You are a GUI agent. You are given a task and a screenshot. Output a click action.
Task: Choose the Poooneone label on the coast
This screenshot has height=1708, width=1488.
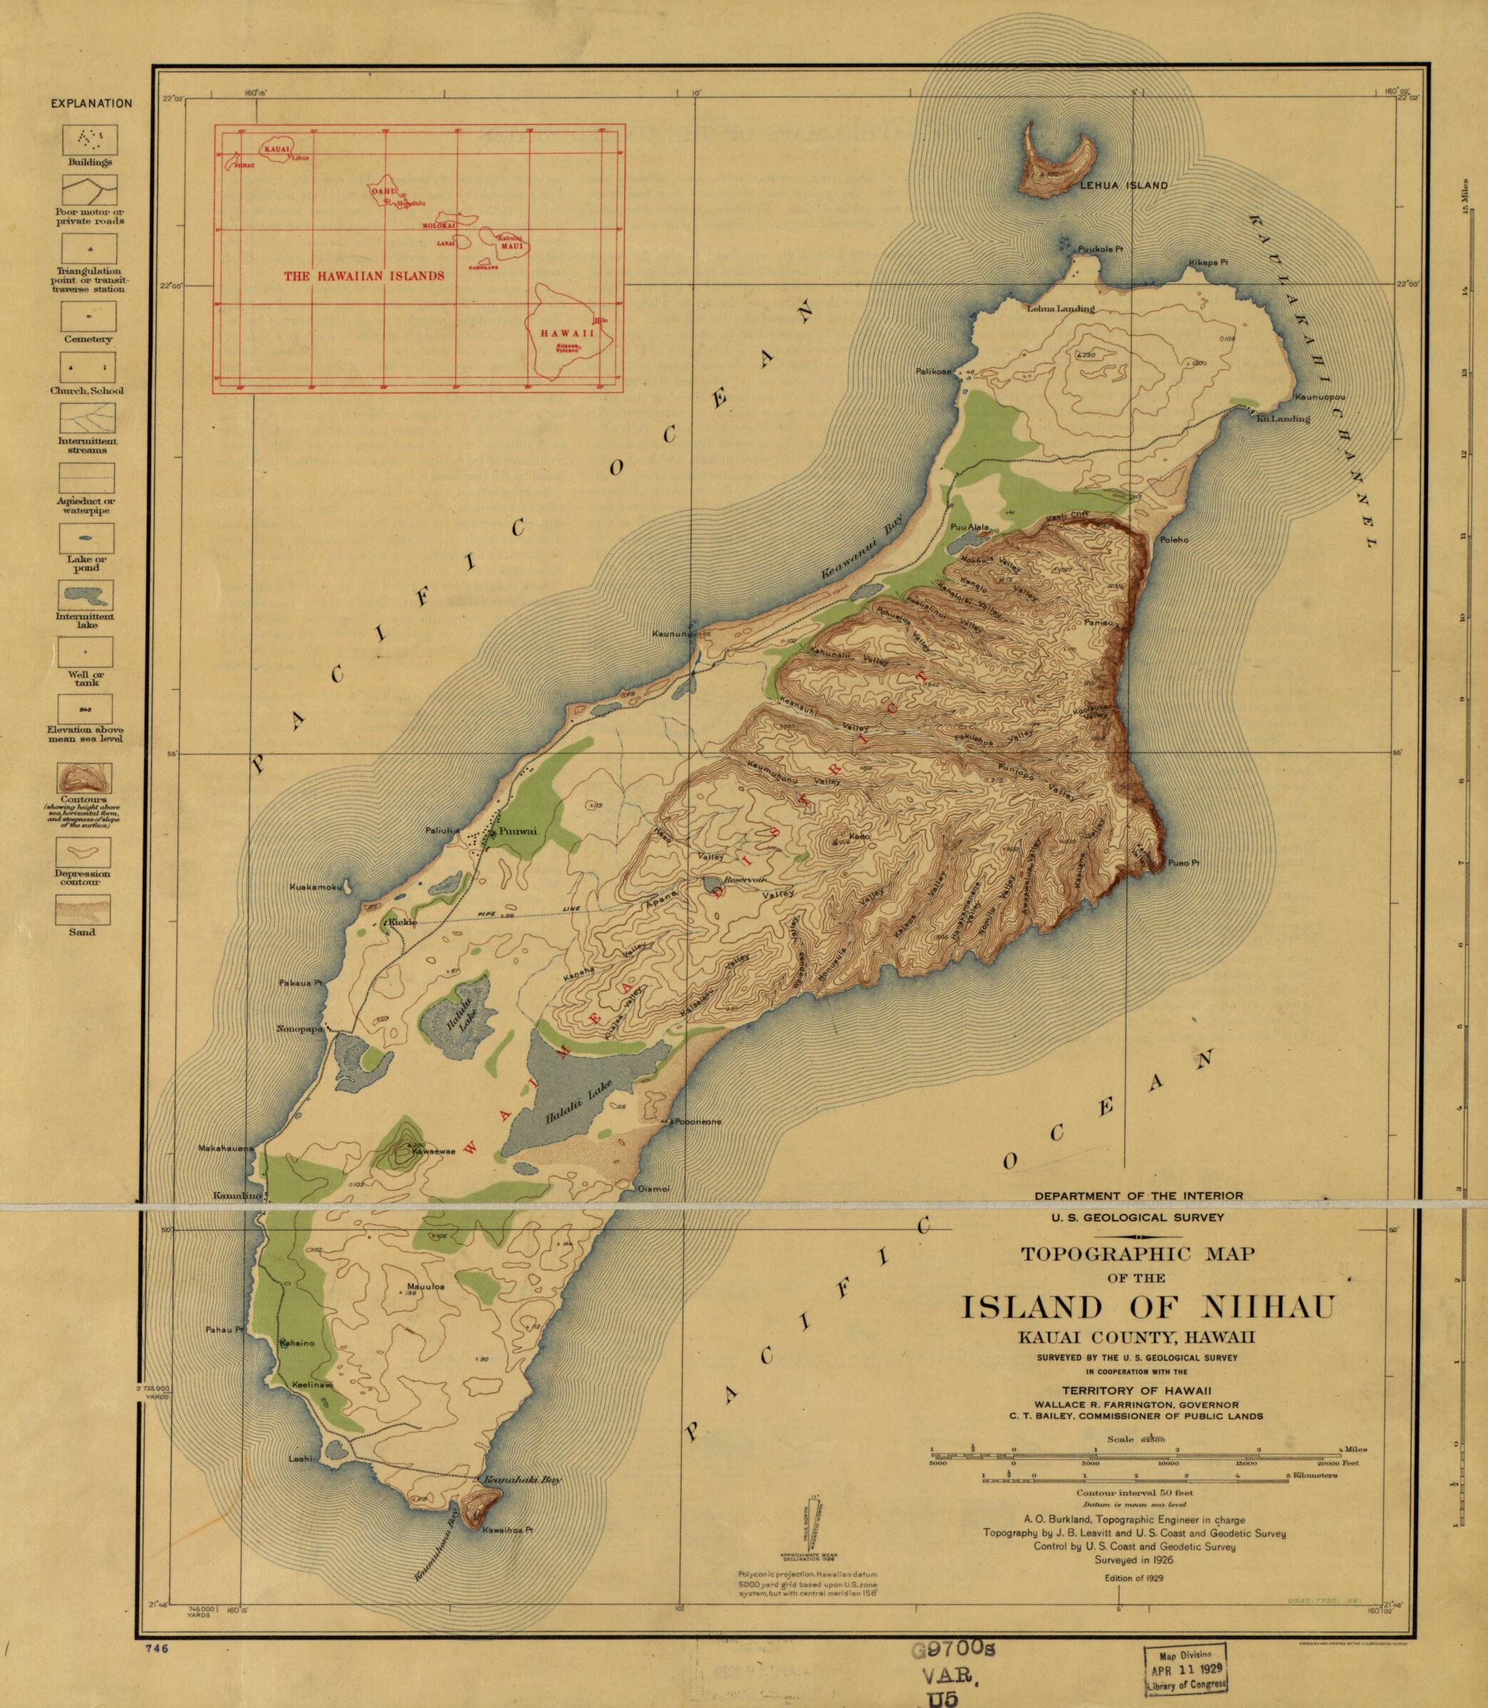696,1122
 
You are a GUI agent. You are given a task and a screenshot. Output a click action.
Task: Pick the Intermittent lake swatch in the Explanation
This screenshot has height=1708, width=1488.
87,595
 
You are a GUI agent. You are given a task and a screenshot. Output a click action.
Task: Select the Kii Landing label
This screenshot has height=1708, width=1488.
1283,419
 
